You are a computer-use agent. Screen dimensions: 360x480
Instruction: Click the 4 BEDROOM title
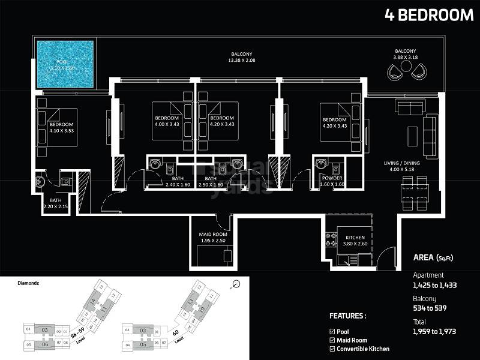pos(429,15)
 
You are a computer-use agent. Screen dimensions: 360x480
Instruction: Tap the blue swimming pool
pos(65,64)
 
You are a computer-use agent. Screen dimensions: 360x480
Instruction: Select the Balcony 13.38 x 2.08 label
pos(241,56)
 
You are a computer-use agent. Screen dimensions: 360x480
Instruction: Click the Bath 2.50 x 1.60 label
pos(210,182)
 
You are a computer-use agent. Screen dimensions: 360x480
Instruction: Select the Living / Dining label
pos(401,166)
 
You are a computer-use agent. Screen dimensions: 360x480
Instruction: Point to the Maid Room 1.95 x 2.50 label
pos(214,237)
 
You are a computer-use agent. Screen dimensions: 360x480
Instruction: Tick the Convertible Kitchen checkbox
pos(332,349)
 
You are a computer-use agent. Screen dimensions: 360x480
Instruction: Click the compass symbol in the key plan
pos(236,284)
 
